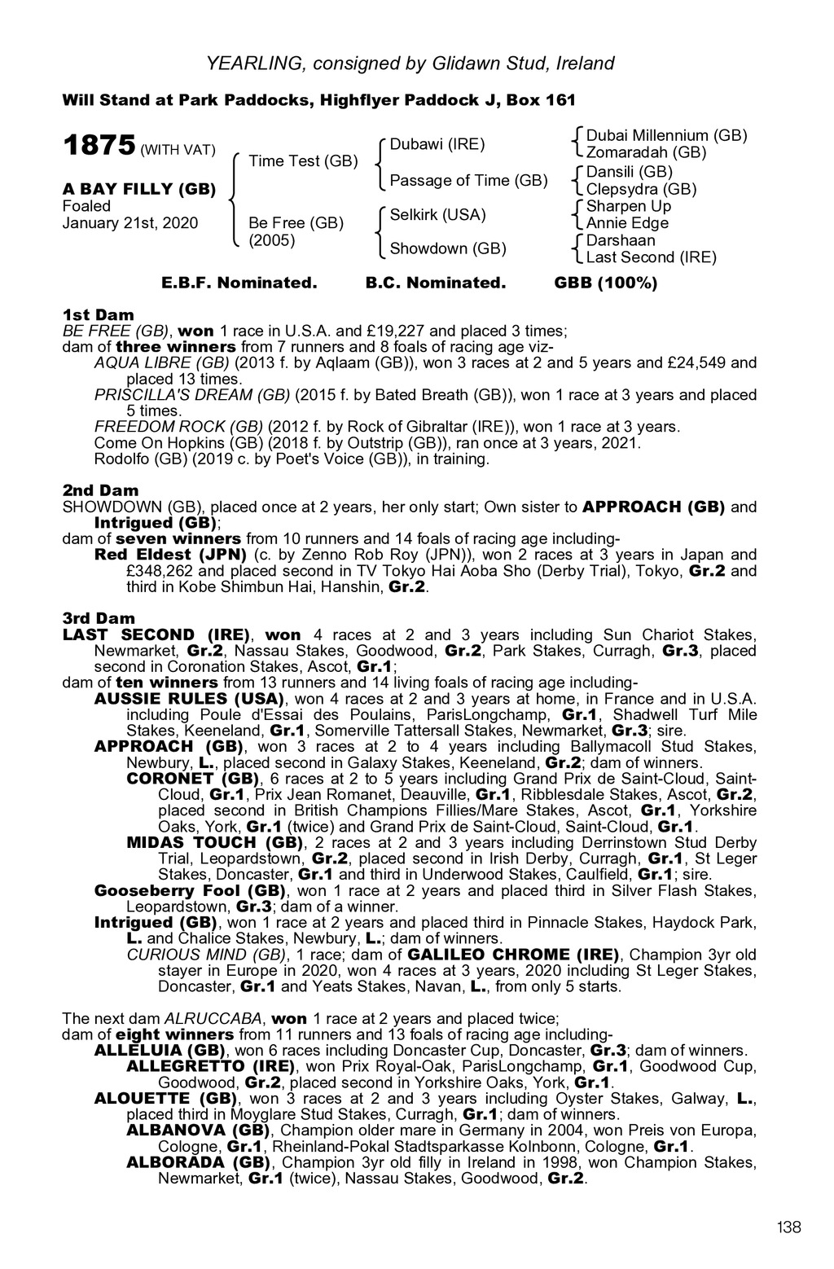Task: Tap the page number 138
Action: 789,1227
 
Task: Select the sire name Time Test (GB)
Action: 303,161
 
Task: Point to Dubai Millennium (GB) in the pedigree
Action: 666,135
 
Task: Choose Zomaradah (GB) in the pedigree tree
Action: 646,152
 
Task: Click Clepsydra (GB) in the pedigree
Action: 641,189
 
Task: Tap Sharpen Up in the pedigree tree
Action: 628,206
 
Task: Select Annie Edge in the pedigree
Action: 627,223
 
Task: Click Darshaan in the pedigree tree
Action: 621,240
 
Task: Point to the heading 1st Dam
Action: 99,314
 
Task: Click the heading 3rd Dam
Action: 99,618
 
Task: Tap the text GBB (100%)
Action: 605,283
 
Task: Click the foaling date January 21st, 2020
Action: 130,223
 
